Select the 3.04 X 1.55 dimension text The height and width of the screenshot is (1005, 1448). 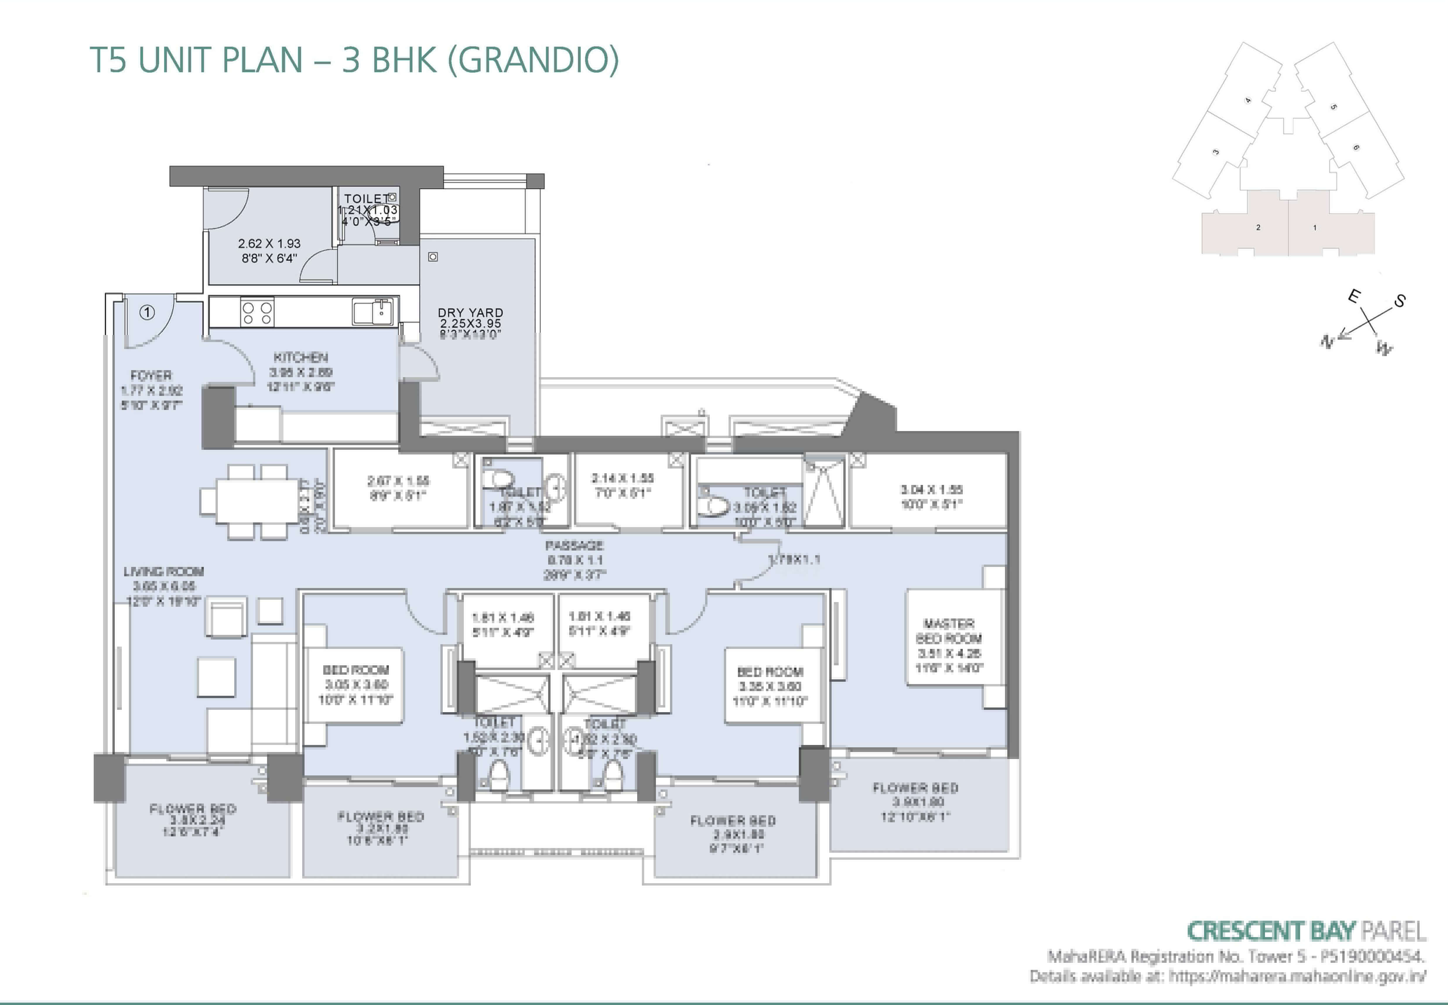[x=931, y=489]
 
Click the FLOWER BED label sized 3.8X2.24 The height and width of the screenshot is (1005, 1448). [x=193, y=809]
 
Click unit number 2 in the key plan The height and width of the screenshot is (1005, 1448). [x=1258, y=227]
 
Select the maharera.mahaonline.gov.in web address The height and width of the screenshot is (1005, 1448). [x=1297, y=977]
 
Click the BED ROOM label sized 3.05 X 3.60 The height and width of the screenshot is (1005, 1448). [x=356, y=670]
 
